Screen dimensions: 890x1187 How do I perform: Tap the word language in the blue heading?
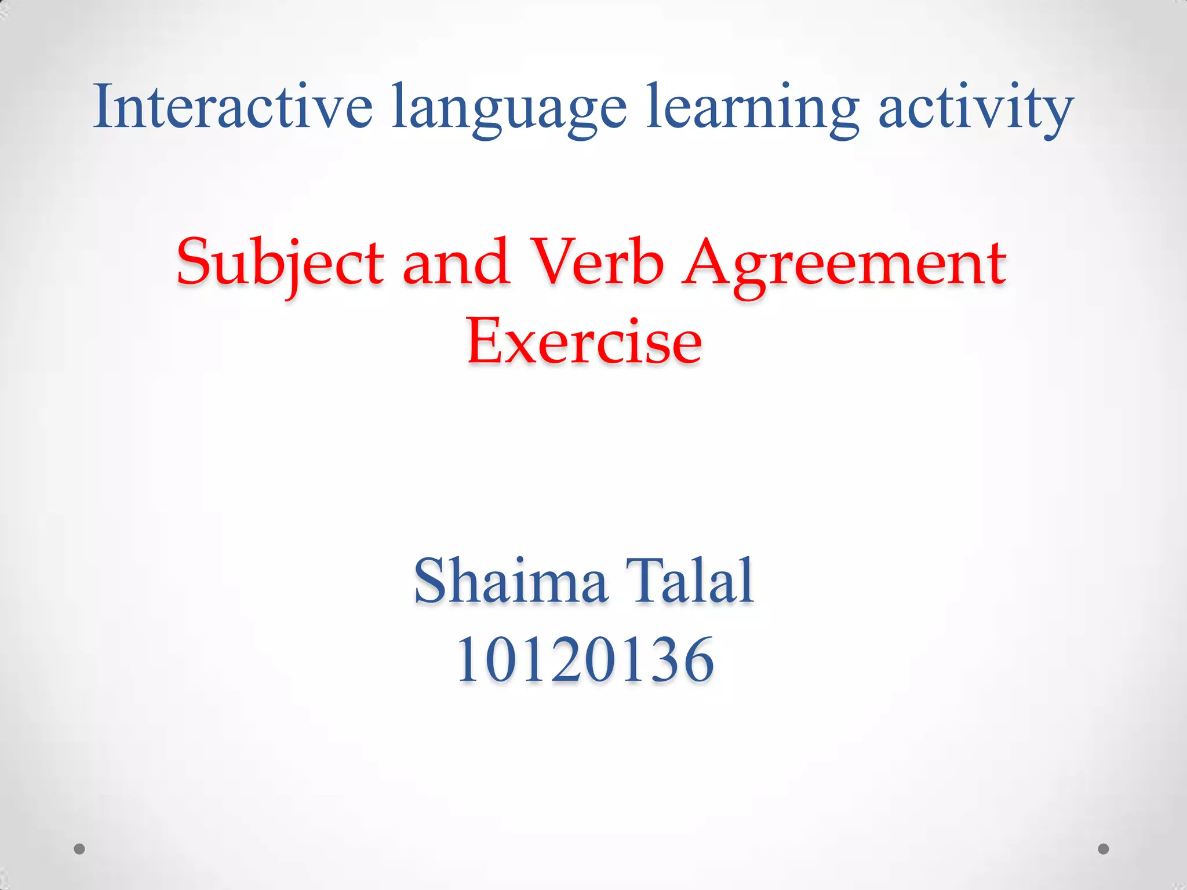tap(509, 110)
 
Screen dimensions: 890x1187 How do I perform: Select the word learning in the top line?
tap(752, 110)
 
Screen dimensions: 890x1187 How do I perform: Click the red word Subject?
tap(281, 264)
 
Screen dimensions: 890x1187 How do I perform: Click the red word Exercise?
tap(584, 341)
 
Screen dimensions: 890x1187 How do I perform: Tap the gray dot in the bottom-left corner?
tap(79, 849)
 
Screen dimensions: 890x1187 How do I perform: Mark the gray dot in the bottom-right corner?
tap(1104, 849)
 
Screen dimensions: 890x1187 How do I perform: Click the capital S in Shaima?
tap(431, 580)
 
